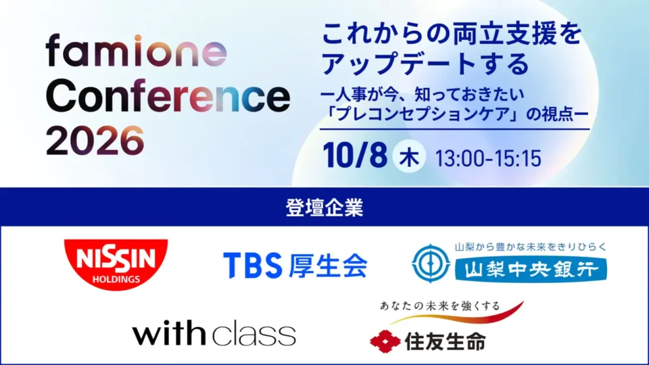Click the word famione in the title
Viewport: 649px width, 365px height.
coord(136,51)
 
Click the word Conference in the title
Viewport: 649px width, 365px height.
coord(168,97)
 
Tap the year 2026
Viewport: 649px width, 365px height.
coord(95,141)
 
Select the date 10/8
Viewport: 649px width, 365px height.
coord(355,155)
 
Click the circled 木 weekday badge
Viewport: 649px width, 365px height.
coord(409,157)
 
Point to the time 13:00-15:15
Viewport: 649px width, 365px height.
coord(488,158)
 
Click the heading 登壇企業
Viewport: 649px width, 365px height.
coord(324,208)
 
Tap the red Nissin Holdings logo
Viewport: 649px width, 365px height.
coord(116,264)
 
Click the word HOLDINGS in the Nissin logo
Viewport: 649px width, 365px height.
coord(116,279)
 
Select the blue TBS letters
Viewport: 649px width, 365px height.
coord(252,265)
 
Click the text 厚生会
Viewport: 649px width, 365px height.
coord(328,265)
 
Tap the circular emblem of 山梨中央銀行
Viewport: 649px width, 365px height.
coord(431,264)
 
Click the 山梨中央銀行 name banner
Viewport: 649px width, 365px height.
coord(531,270)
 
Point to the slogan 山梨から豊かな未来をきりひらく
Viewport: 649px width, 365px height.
coord(531,247)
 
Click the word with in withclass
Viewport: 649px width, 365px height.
coord(169,332)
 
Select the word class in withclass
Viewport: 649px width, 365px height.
coord(254,334)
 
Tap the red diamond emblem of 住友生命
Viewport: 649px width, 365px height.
coord(385,341)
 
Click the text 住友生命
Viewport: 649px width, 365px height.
coord(446,342)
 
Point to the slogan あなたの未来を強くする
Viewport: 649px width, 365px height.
coord(440,306)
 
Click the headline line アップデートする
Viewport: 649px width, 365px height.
coord(425,64)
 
